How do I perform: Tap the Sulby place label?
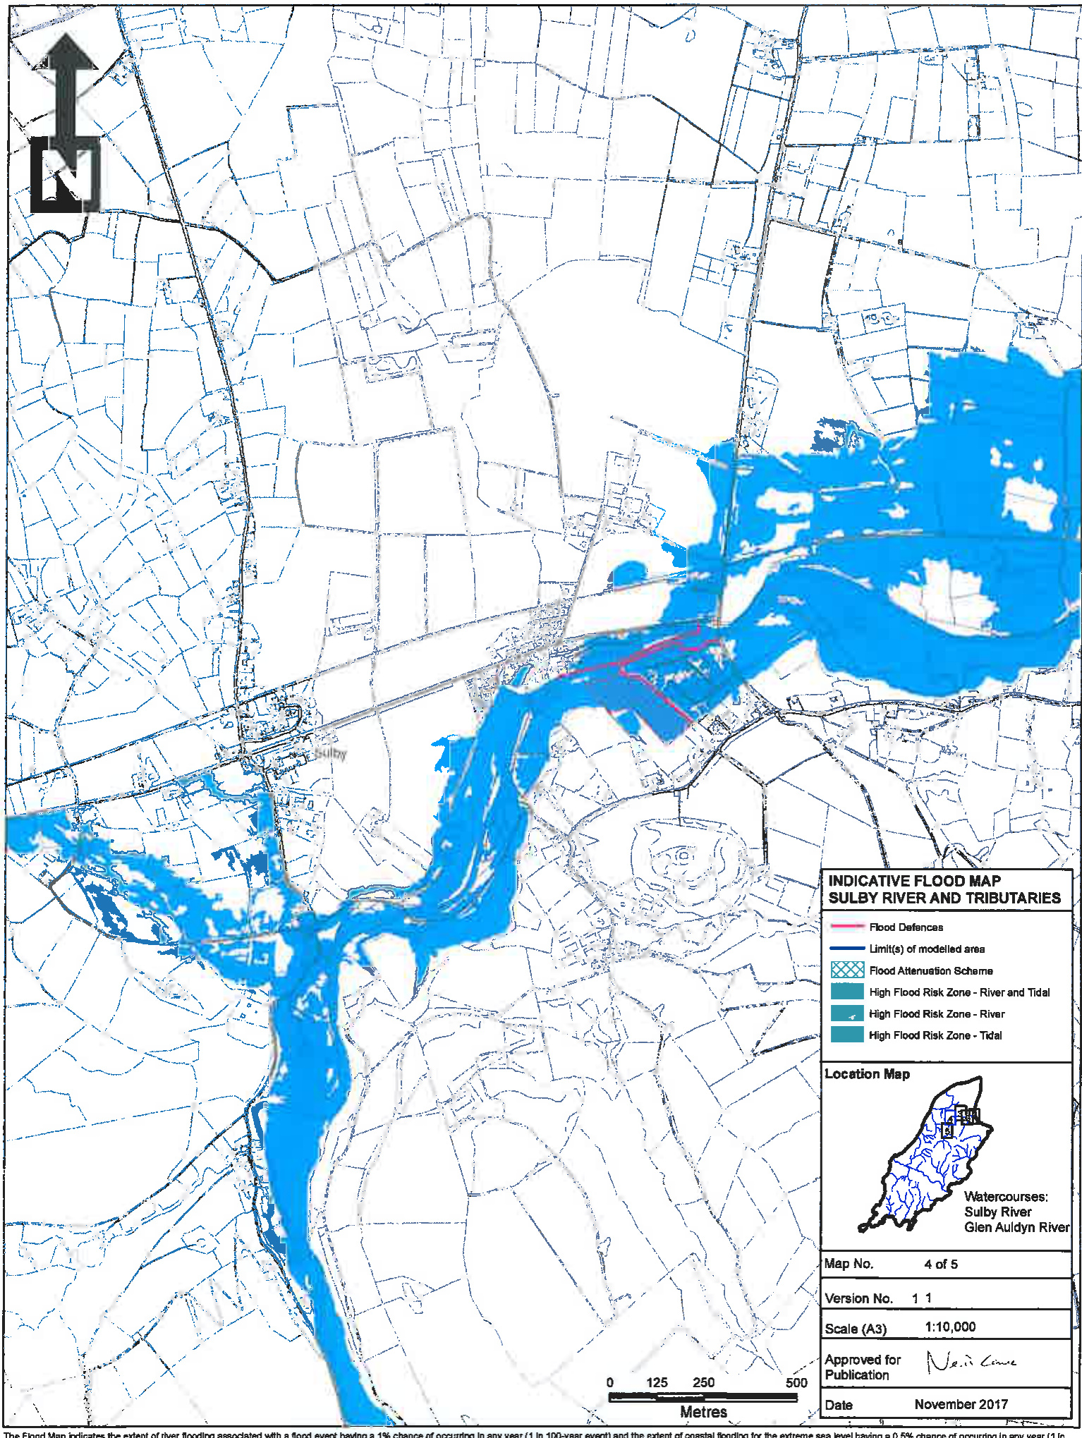pos(331,753)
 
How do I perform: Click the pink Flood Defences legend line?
pos(847,927)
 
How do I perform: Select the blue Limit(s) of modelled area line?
pos(847,949)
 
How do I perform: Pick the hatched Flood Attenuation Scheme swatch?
pos(847,970)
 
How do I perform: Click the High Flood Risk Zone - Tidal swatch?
pos(847,1035)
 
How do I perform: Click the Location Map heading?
pos(867,1073)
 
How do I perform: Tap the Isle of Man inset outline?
pos(924,1157)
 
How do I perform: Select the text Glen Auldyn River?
pos(1016,1227)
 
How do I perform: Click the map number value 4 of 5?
pos(940,1264)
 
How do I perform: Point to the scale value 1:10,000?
pos(949,1327)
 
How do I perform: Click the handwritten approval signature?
pos(970,1360)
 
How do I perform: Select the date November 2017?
pos(961,1404)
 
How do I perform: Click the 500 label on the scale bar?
pos(796,1382)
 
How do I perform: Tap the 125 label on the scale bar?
pos(657,1382)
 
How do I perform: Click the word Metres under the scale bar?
pos(703,1412)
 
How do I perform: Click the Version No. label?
pos(858,1298)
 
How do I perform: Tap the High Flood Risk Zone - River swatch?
pos(847,1013)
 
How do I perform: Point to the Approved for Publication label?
pos(862,1367)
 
